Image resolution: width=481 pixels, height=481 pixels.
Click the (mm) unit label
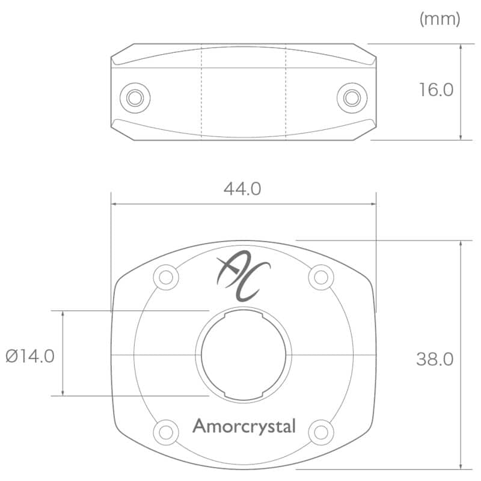point(440,19)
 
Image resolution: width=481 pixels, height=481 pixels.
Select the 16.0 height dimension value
point(436,90)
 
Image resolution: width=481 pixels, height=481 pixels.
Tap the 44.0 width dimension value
point(242,189)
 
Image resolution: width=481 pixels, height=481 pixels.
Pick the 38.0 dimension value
point(434,359)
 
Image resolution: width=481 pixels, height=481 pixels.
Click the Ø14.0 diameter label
point(30,356)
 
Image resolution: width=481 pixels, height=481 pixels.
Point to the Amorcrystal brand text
point(244,426)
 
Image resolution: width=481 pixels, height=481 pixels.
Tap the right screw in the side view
point(351,97)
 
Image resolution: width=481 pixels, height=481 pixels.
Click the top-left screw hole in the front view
point(166,277)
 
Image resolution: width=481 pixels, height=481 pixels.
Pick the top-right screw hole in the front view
point(321,277)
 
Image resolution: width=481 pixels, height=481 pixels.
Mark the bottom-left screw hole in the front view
point(166,432)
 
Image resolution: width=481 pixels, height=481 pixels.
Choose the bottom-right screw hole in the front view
point(321,432)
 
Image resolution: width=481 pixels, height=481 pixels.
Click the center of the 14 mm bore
point(244,355)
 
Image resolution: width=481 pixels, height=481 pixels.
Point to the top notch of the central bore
point(244,314)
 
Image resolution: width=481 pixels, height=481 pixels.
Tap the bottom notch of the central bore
point(244,395)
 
